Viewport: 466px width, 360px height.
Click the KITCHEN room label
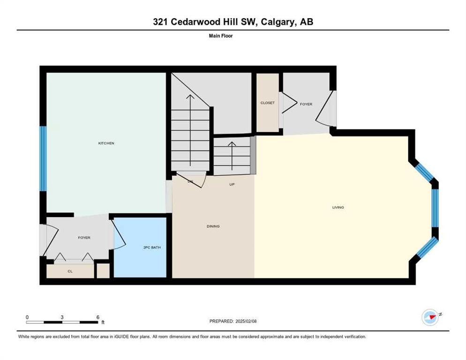click(x=106, y=143)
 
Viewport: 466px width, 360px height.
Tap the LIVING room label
click(x=338, y=208)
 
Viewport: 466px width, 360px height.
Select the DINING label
click(x=213, y=226)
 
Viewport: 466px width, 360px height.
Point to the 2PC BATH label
click(x=152, y=247)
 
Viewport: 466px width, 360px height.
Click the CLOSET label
click(x=268, y=103)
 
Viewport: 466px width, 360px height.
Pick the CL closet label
click(x=70, y=271)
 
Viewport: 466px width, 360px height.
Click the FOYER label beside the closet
click(x=306, y=105)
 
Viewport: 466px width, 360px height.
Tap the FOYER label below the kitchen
click(x=84, y=238)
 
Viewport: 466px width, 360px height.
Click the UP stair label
click(x=232, y=185)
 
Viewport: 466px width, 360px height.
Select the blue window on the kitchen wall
click(x=44, y=158)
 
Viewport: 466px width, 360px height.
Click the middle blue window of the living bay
click(x=435, y=208)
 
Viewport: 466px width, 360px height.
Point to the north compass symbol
click(x=430, y=317)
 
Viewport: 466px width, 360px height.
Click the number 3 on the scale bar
click(x=62, y=317)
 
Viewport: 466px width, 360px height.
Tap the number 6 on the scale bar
click(x=98, y=317)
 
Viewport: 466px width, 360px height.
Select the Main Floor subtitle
click(x=221, y=36)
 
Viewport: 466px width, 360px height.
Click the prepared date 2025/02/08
click(x=246, y=322)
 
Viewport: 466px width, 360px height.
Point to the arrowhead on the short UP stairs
click(x=232, y=143)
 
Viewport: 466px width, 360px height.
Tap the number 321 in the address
click(x=160, y=22)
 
